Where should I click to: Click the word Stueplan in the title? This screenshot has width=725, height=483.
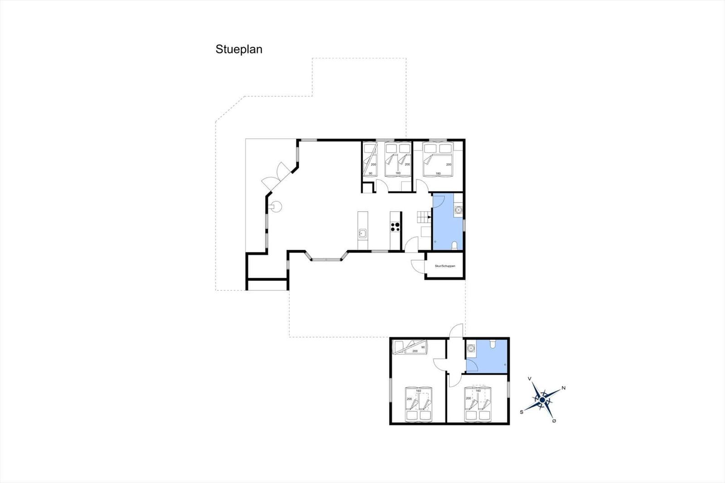click(239, 49)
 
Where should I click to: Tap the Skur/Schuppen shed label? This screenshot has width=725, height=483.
click(445, 266)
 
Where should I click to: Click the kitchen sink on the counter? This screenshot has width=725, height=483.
click(362, 234)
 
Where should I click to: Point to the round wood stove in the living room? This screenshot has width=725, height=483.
click(274, 207)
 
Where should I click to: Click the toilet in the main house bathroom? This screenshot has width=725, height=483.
click(455, 246)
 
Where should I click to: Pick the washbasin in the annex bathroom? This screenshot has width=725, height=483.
click(472, 348)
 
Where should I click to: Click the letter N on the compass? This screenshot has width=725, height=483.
click(563, 388)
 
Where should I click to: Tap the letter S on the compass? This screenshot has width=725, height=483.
click(522, 412)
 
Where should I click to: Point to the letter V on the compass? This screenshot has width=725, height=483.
click(529, 379)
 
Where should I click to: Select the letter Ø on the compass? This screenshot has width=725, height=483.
click(554, 421)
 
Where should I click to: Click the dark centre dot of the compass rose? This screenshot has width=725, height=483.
click(542, 400)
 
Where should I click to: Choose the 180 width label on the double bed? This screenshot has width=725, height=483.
click(438, 174)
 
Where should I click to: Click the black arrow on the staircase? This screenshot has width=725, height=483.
click(429, 217)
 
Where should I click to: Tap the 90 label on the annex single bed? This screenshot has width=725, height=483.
click(423, 347)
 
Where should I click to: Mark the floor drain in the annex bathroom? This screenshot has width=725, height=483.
click(505, 365)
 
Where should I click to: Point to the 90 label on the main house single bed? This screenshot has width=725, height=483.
click(370, 174)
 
